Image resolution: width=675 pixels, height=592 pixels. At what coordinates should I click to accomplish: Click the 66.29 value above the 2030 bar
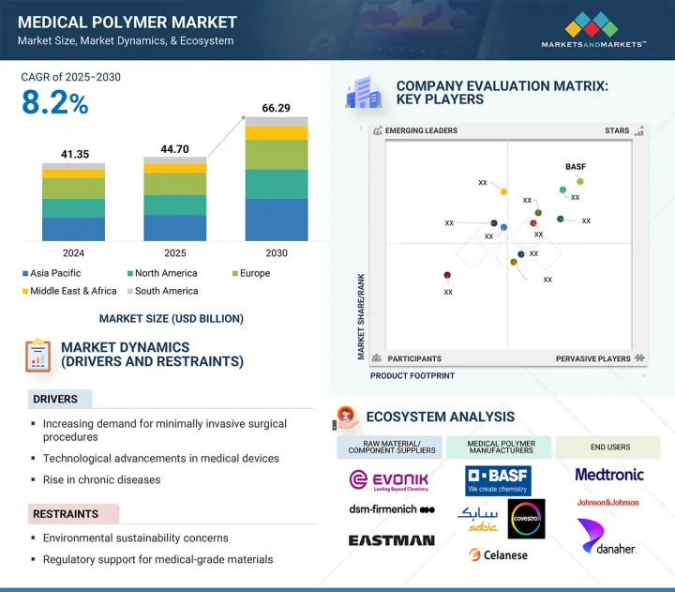[276, 109]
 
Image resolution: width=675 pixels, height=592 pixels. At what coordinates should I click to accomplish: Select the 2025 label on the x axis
[174, 253]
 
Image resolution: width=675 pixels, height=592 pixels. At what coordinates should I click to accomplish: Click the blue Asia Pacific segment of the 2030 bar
[276, 220]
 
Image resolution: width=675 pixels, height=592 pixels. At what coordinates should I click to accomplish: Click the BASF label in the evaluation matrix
[576, 167]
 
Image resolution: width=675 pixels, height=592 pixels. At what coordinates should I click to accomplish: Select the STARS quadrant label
[617, 131]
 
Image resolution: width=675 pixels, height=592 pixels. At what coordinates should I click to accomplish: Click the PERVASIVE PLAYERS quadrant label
[592, 358]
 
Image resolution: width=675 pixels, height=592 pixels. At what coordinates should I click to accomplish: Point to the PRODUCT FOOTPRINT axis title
[412, 375]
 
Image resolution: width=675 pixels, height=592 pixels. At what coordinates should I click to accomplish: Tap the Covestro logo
[526, 519]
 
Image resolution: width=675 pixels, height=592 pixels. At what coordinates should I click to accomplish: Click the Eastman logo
[391, 540]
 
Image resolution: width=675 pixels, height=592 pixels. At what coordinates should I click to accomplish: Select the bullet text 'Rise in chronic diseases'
[101, 479]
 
